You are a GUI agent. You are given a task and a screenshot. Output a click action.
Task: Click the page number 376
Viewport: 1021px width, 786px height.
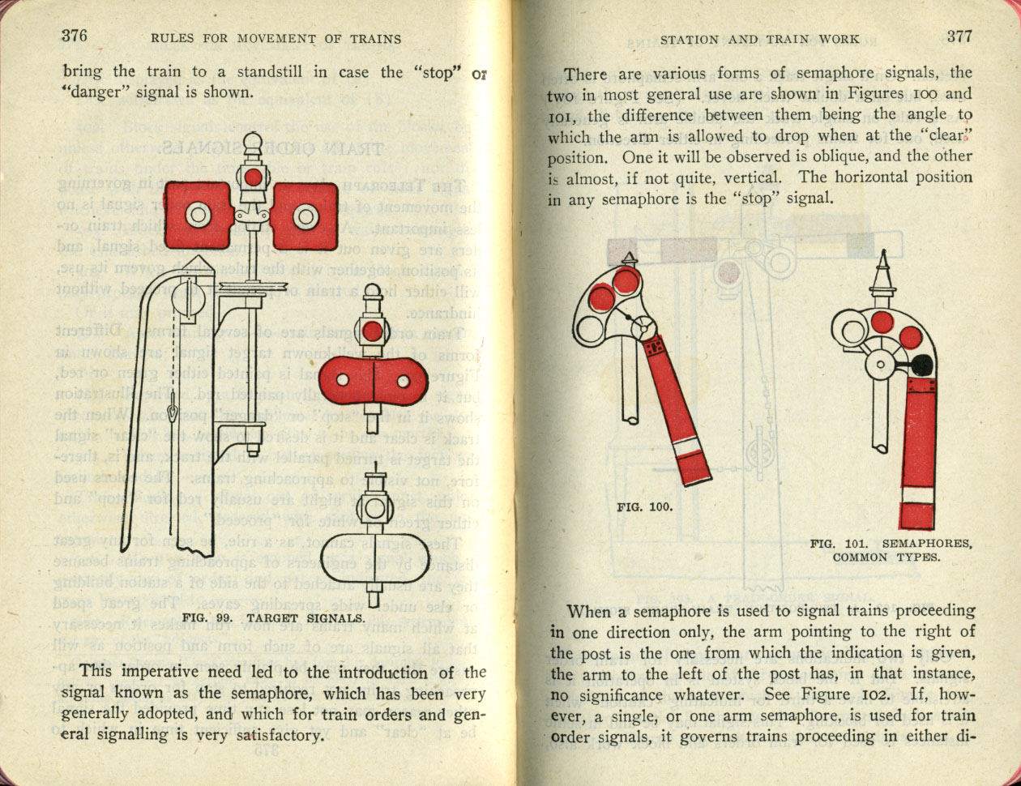(x=74, y=36)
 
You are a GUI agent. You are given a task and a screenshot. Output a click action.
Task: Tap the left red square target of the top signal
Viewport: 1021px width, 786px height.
(x=199, y=215)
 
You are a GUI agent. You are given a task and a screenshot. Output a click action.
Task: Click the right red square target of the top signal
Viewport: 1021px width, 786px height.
(x=305, y=216)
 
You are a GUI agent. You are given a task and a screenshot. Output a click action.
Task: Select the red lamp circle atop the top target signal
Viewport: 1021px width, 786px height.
(x=254, y=177)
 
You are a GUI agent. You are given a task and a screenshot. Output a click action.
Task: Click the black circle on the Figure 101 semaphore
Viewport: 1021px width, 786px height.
(x=921, y=366)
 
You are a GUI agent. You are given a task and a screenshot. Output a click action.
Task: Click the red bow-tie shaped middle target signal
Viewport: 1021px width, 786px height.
(x=372, y=380)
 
